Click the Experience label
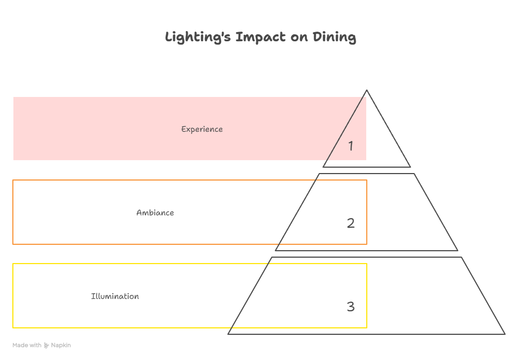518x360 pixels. [x=202, y=129]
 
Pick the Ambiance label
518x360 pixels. [x=155, y=213]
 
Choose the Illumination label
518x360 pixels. [x=115, y=296]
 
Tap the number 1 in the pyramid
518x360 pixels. [x=351, y=146]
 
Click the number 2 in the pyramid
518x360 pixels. [x=351, y=223]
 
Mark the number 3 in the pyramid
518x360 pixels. [x=351, y=306]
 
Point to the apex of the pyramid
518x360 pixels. [x=367, y=91]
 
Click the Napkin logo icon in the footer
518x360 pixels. [x=47, y=346]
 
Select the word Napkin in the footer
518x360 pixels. [x=61, y=346]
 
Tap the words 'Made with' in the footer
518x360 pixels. [x=27, y=346]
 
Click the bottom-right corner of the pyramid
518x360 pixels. [x=505, y=334]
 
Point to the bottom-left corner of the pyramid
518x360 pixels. [x=228, y=334]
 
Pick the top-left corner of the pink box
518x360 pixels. [x=13, y=97]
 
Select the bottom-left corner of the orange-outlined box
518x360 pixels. [x=13, y=244]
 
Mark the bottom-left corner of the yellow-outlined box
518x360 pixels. [x=13, y=327]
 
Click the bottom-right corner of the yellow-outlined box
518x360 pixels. [x=367, y=327]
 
